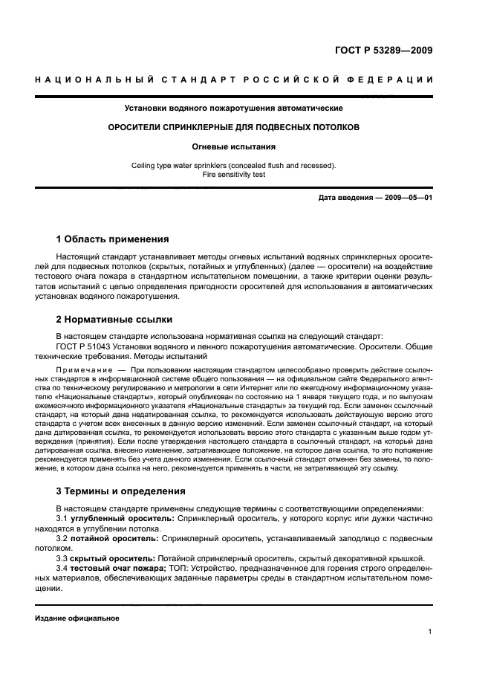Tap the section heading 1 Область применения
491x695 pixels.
pyautogui.click(x=112, y=239)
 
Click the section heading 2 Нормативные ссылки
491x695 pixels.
pyautogui.click(x=114, y=320)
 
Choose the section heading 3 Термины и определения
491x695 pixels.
pyautogui.click(x=121, y=491)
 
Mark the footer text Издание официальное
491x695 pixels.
pyautogui.click(x=77, y=618)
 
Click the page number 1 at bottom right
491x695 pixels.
pyautogui.click(x=430, y=632)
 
